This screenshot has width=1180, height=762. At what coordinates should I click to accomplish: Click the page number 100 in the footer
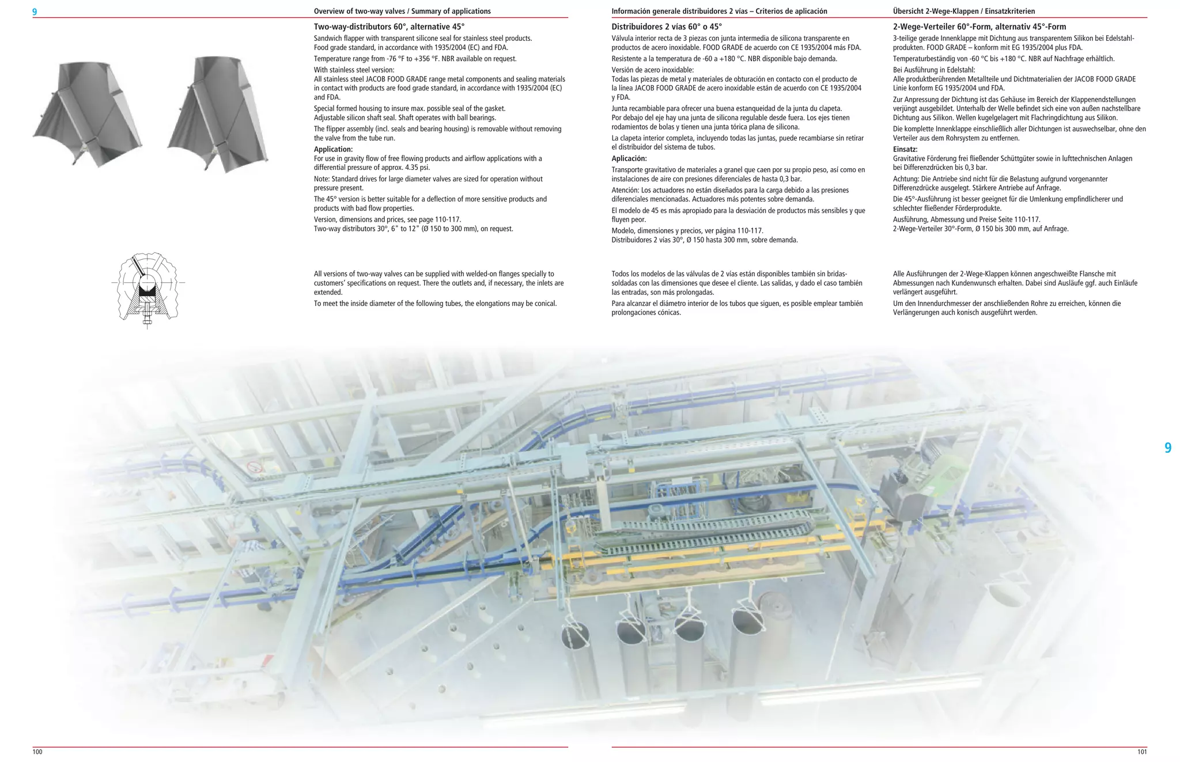pos(37,752)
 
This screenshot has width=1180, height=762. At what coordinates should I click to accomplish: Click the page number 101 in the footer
pos(1142,752)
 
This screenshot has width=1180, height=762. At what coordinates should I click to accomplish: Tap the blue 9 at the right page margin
pos(1167,448)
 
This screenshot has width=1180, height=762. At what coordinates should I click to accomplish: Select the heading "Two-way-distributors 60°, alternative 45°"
pos(389,26)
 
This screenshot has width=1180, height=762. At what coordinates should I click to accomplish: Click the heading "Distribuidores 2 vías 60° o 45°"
pos(666,26)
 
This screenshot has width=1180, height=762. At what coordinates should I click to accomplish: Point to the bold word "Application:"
pos(333,149)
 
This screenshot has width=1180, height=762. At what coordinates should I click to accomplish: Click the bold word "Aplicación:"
pos(629,158)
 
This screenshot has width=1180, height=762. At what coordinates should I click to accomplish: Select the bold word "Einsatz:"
pos(905,149)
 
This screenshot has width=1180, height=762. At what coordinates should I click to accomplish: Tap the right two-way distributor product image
pos(218,112)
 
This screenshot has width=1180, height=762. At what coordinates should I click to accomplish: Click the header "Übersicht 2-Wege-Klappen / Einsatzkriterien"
pos(969,11)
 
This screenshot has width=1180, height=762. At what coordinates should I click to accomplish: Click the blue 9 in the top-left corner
pos(35,12)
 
